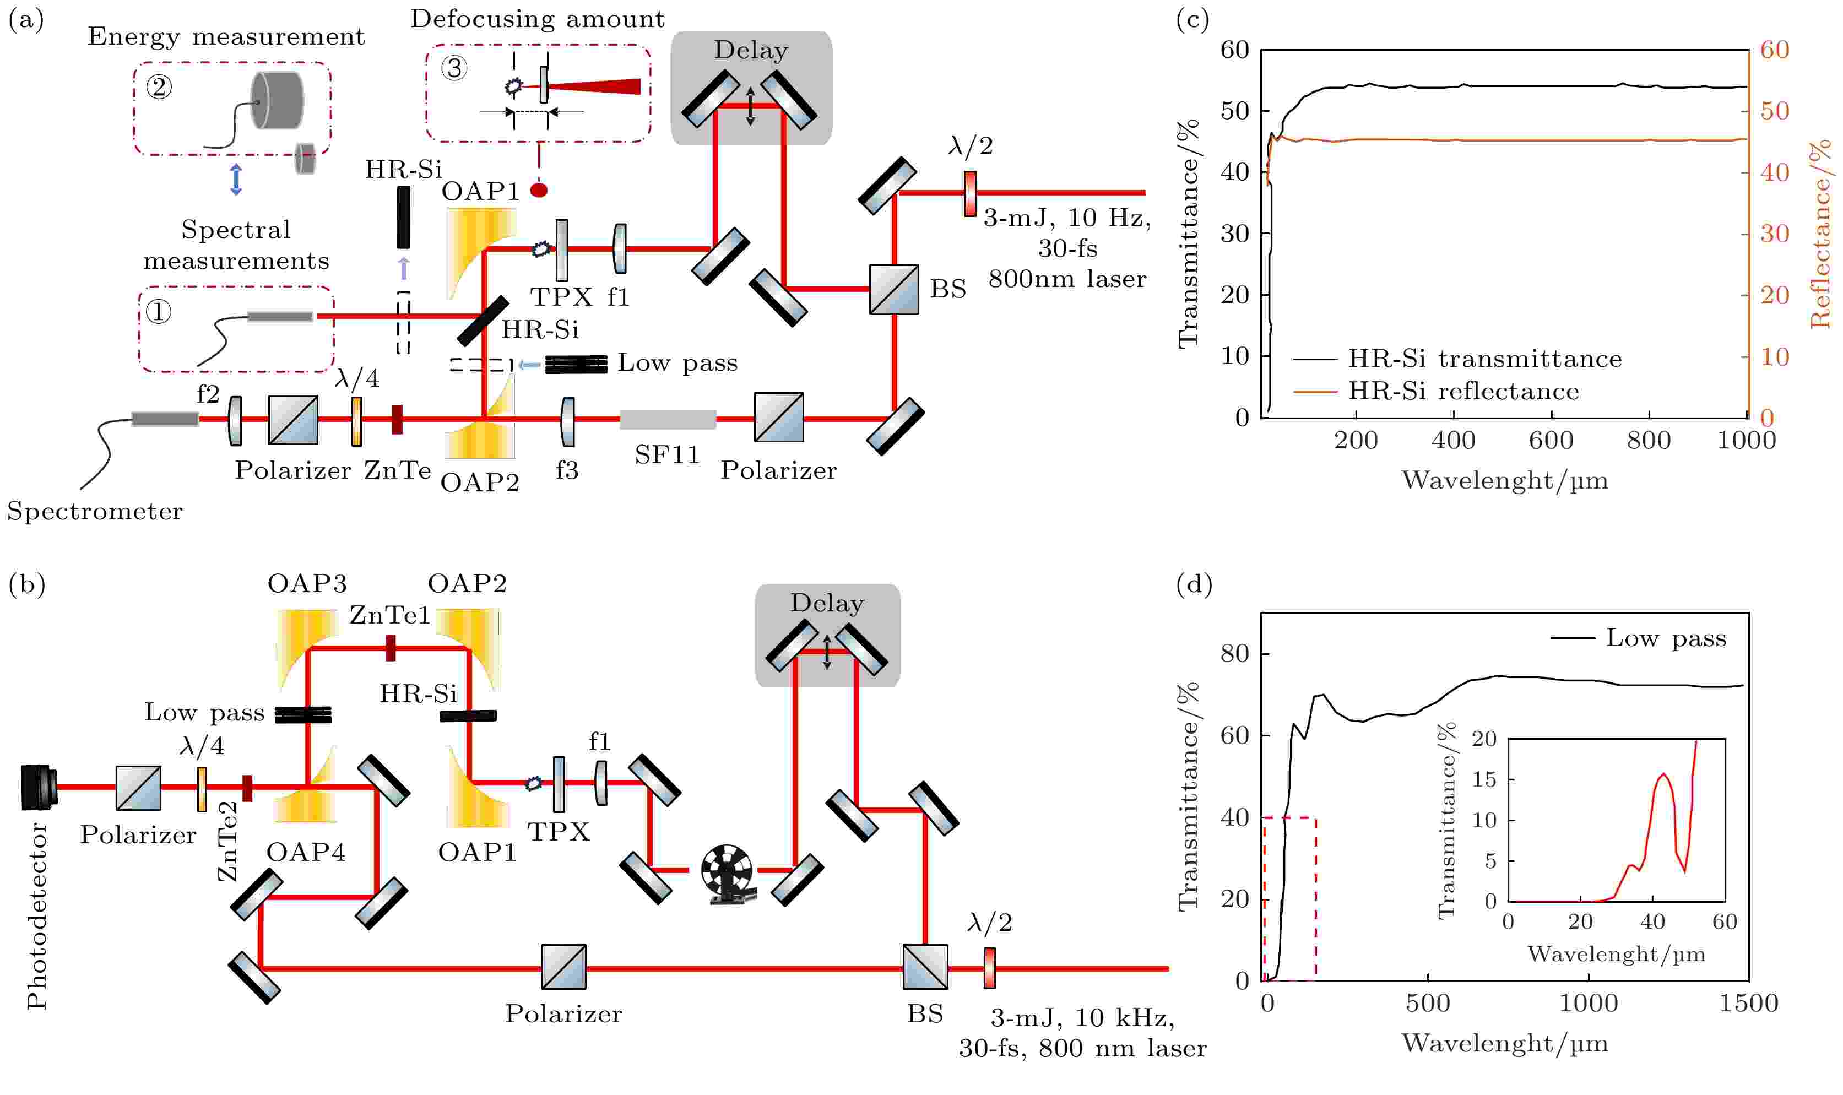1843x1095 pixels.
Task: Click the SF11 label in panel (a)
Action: (667, 454)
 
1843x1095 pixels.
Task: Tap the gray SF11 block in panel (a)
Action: (668, 419)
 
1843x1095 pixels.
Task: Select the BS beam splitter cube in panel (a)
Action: (893, 289)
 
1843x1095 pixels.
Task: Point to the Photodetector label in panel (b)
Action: (37, 915)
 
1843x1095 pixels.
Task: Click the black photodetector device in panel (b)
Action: (39, 787)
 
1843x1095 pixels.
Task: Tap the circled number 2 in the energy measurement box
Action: (159, 87)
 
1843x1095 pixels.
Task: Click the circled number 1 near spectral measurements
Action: (158, 312)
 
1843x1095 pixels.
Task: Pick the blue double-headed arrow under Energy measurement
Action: (236, 180)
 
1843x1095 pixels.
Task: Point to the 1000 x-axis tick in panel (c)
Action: (1746, 441)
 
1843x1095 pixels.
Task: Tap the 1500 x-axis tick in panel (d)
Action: (1749, 1004)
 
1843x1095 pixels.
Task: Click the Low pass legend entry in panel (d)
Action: (1638, 638)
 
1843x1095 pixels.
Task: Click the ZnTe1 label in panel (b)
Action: (389, 615)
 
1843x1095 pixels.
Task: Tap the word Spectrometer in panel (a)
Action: (94, 511)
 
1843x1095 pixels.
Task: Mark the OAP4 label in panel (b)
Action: (306, 852)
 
